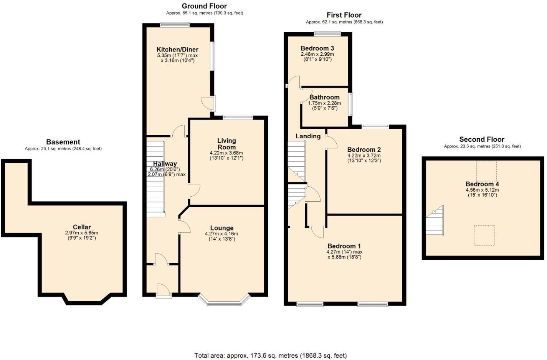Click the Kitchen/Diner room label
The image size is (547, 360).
[x=177, y=49]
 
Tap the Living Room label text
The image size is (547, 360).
[x=226, y=144]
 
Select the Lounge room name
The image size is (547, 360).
[x=221, y=228]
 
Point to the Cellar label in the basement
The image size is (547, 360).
[x=82, y=227]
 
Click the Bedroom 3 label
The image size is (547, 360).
[x=317, y=48]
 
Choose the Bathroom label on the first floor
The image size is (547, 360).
[x=324, y=97]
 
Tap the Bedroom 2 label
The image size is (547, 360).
[x=364, y=149]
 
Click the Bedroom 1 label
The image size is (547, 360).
[x=344, y=246]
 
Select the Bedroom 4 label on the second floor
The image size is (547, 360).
[x=482, y=184]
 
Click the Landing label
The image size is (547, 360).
[x=308, y=136]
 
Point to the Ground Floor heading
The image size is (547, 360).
[x=204, y=6]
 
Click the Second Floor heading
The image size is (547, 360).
[x=482, y=139]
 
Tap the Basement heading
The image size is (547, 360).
[x=63, y=142]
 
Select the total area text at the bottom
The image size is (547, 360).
[x=270, y=355]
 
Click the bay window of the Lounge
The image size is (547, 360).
[x=224, y=301]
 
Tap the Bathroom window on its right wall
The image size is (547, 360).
[x=350, y=104]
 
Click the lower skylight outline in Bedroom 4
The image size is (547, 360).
[x=484, y=235]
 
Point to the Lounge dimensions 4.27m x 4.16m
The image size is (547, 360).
[x=221, y=234]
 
